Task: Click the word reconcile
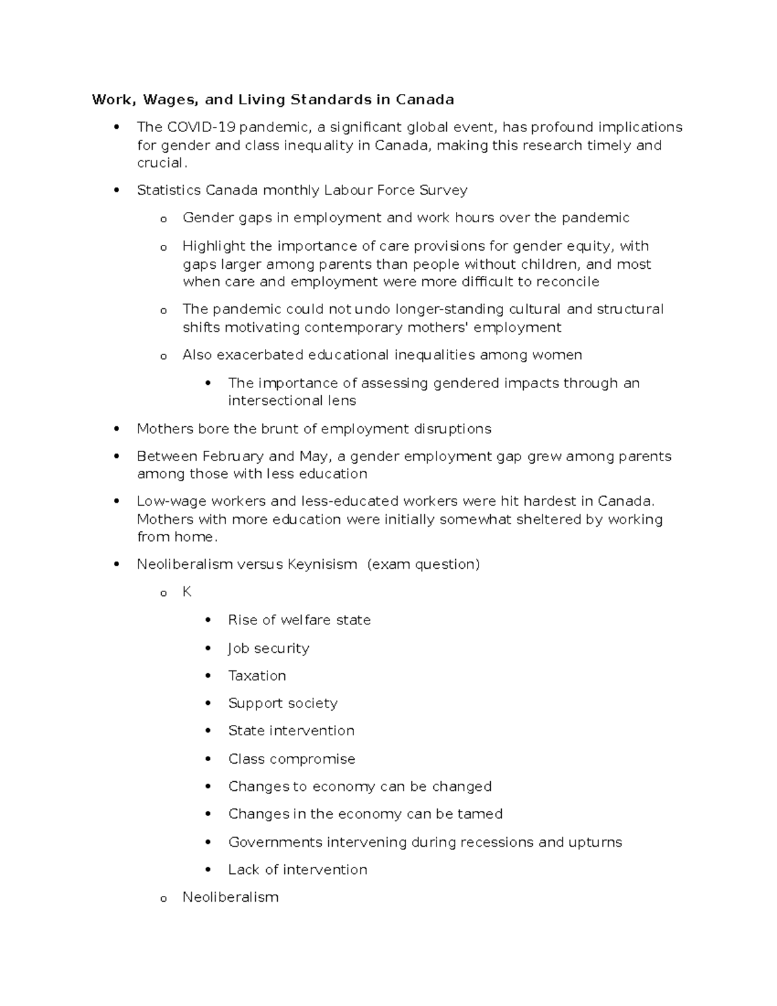567,282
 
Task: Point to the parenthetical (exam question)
423,564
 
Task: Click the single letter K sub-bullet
187,592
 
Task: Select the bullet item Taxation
257,676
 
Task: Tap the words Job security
269,648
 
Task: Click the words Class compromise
291,759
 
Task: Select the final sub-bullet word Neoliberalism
231,897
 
